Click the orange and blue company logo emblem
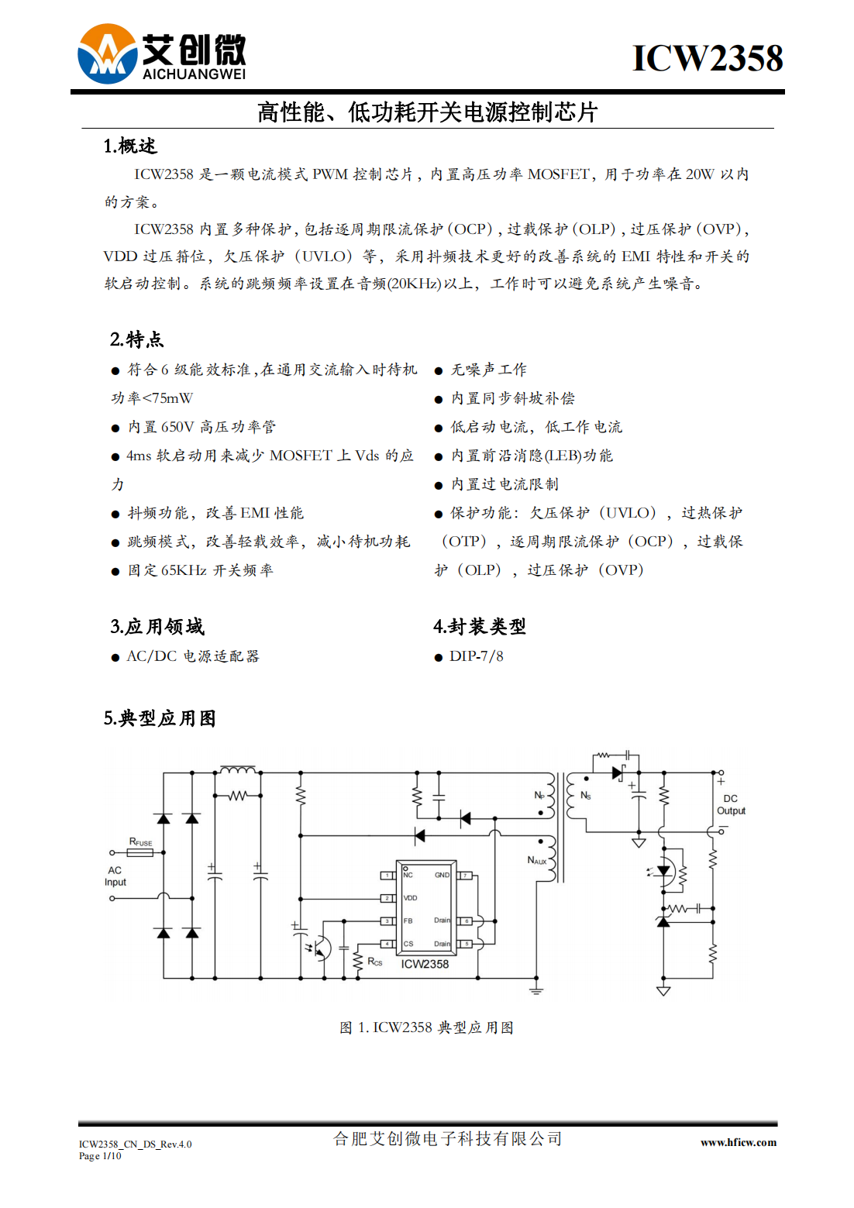pos(108,53)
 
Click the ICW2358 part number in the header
pos(708,57)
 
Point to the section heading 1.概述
pos(130,146)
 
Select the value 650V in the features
pos(177,427)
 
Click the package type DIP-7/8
pos(477,656)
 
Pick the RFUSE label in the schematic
pos(140,841)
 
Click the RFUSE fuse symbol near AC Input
pos(139,852)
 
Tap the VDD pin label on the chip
pos(410,898)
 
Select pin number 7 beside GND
pos(464,876)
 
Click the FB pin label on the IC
pos(408,921)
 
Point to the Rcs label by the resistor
pos(375,962)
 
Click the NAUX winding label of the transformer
pos(537,860)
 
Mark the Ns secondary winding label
pos(585,796)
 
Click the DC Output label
pos(731,804)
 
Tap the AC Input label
pos(115,876)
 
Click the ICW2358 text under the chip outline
pos(425,964)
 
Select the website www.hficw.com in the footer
pos(739,1142)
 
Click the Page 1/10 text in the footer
pos(100,1155)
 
